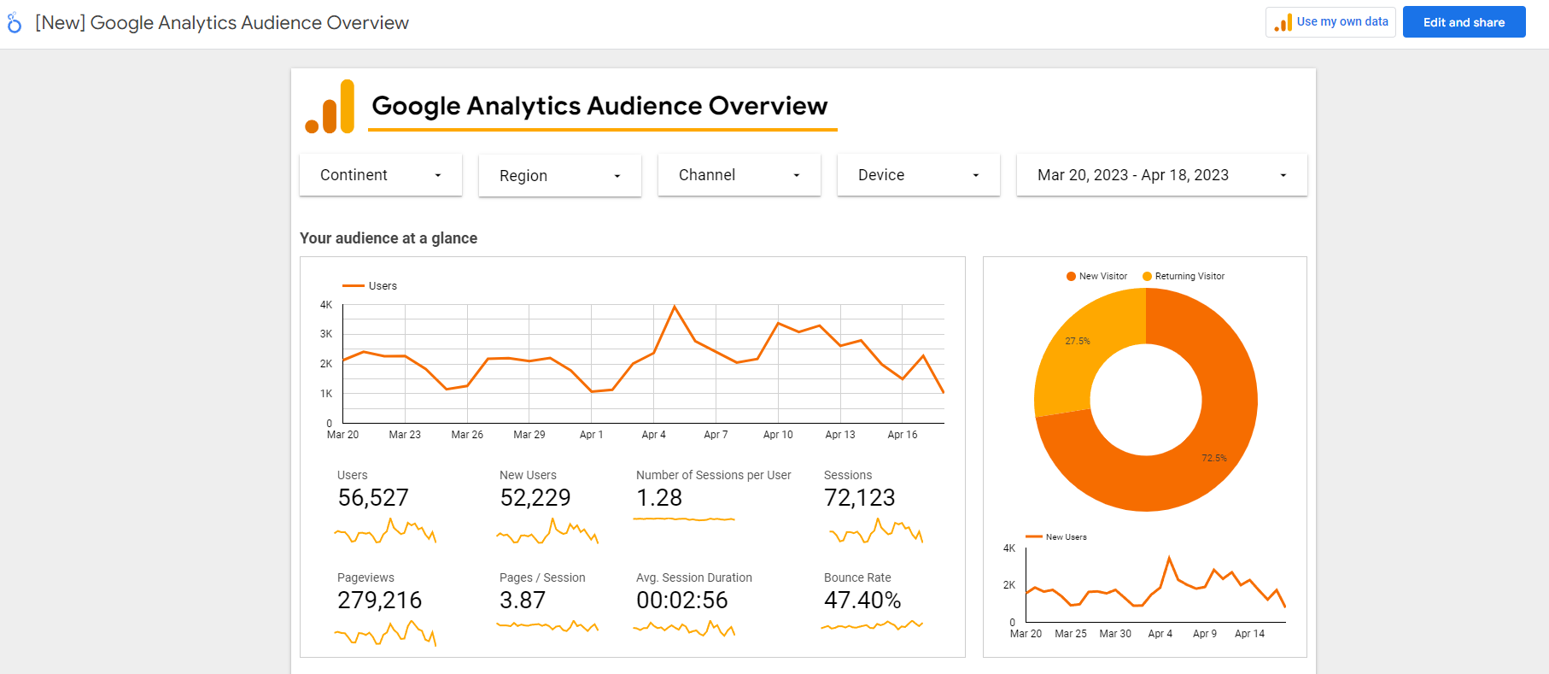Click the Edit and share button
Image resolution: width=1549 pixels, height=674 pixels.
coord(1464,22)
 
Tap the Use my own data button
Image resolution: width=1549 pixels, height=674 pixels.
coord(1330,22)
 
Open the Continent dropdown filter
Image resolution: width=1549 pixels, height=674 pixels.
coord(381,175)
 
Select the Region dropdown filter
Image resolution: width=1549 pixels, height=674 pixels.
coord(560,176)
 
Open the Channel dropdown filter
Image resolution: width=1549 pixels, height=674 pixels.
coord(739,175)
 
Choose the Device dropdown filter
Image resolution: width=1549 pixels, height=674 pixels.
coord(919,175)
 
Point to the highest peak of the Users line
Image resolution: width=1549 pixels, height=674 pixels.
coord(675,306)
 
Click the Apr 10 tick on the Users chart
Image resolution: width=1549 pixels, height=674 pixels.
coord(778,435)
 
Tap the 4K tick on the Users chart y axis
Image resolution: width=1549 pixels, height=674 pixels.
coord(326,305)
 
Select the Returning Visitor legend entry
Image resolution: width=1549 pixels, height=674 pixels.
coord(1184,276)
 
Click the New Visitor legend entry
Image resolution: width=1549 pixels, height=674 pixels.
coord(1096,276)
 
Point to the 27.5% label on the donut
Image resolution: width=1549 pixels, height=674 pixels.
coord(1078,341)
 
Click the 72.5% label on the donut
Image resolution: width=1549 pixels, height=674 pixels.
coord(1214,458)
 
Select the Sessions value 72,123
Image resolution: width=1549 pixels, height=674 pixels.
coord(860,498)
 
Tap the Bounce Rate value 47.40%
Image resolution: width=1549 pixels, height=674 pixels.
coord(862,601)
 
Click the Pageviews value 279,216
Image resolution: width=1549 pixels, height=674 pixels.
coord(380,601)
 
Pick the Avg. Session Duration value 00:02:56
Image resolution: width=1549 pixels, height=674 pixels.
coord(682,601)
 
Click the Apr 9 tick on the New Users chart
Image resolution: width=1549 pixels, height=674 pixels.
coord(1205,634)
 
